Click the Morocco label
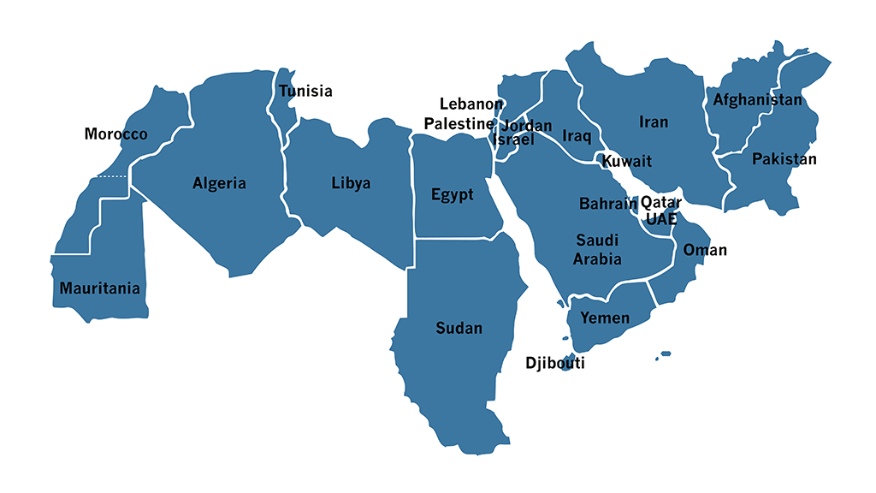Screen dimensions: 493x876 tap(115, 134)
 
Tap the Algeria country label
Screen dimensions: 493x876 tap(219, 183)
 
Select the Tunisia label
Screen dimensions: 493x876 tap(305, 92)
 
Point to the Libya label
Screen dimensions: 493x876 tap(351, 183)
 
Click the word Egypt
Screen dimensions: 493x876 tap(452, 195)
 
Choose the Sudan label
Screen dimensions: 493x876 tap(459, 329)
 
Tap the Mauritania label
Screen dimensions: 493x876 tap(99, 288)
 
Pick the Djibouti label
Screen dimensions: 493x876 tap(555, 364)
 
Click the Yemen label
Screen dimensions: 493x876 tap(605, 318)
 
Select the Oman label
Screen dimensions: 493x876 tap(705, 250)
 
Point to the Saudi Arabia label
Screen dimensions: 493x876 tap(597, 249)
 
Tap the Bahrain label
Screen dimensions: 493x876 tap(608, 204)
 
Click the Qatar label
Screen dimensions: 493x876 tap(661, 202)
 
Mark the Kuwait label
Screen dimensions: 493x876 tap(626, 161)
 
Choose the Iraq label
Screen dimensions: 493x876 tap(577, 135)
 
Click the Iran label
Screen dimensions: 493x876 tap(654, 122)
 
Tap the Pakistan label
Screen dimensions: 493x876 tap(784, 159)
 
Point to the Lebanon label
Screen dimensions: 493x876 tap(471, 104)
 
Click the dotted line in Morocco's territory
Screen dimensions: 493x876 tap(112, 176)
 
